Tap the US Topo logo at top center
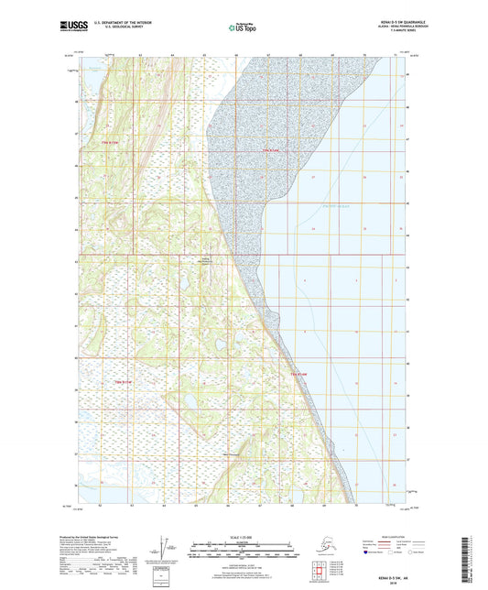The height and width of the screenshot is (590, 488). [243, 28]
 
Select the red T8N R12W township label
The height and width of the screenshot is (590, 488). [124, 380]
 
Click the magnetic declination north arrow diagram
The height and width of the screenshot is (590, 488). [164, 547]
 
